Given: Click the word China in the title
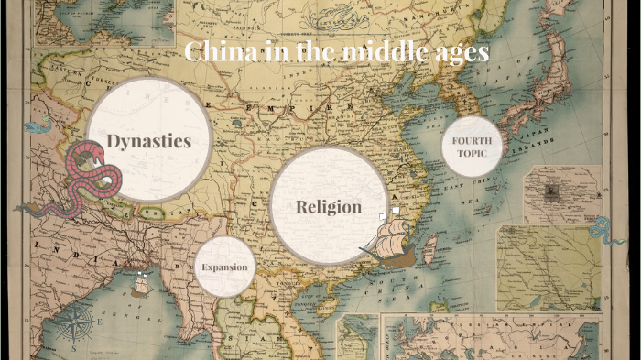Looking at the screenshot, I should pyautogui.click(x=218, y=51).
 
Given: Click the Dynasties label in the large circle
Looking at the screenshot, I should pyautogui.click(x=148, y=141).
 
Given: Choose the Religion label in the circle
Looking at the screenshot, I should pyautogui.click(x=329, y=207).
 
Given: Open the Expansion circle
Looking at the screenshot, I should pyautogui.click(x=225, y=267).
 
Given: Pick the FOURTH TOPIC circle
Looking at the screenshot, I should pyautogui.click(x=473, y=146).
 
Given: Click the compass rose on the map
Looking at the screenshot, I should pyautogui.click(x=78, y=324).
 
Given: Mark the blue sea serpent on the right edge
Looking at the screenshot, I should pyautogui.click(x=605, y=230).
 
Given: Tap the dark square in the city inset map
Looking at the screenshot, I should pyautogui.click(x=552, y=191).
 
